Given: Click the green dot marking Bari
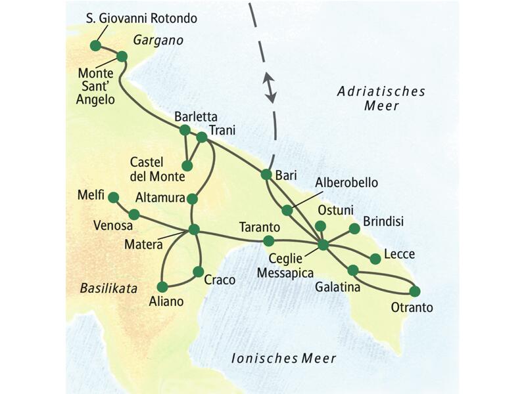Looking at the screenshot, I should tap(266, 175).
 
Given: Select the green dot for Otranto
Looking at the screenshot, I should tap(415, 291).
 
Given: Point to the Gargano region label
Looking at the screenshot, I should tap(157, 41).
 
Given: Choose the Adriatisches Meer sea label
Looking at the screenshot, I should tap(381, 98).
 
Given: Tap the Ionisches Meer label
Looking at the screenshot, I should tap(283, 359).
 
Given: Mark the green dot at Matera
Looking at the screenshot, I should tap(194, 229).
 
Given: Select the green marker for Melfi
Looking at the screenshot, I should tap(113, 197).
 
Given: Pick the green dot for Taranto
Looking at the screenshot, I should tap(268, 240).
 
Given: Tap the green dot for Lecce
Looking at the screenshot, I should tap(375, 259).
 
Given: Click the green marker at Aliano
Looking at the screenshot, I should tap(162, 286).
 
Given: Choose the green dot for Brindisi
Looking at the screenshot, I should tap(354, 229).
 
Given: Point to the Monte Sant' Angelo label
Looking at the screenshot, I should tap(96, 85).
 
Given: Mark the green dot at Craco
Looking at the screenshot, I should tap(198, 271).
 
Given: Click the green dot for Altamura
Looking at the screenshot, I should tap(192, 198).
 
